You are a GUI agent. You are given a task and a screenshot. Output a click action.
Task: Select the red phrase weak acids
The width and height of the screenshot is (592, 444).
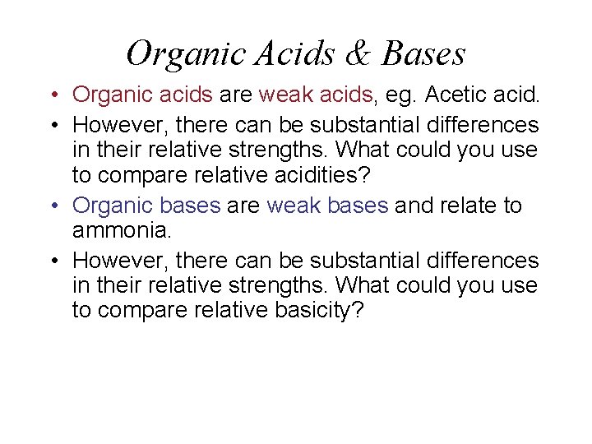pyautogui.click(x=317, y=95)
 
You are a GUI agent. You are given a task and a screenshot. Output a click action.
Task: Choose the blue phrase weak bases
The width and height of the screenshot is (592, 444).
pyautogui.click(x=326, y=206)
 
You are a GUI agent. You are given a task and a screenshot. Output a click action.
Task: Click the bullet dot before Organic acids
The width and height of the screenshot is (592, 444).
pyautogui.click(x=52, y=96)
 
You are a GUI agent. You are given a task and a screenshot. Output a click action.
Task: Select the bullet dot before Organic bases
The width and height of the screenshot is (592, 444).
pyautogui.click(x=52, y=206)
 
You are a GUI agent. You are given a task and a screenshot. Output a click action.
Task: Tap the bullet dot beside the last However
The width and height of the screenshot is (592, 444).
pyautogui.click(x=52, y=261)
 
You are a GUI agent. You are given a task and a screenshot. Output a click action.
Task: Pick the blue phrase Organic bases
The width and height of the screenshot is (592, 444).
pyautogui.click(x=146, y=206)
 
